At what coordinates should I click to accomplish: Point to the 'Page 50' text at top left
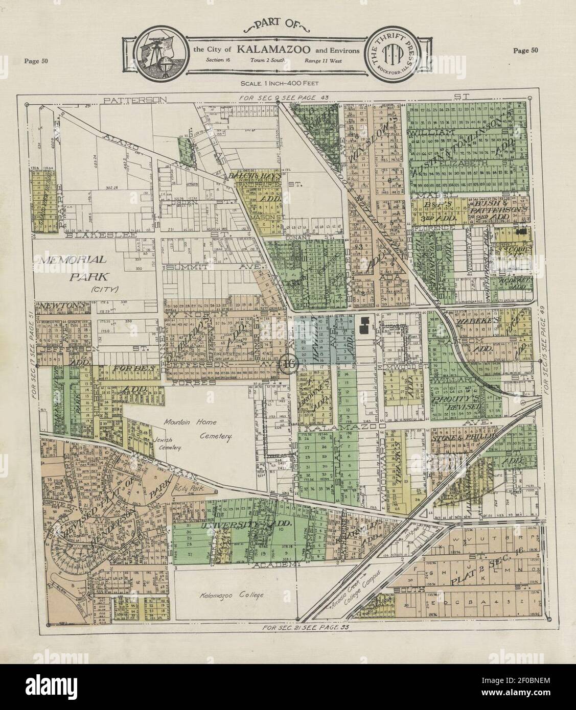pos(36,62)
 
